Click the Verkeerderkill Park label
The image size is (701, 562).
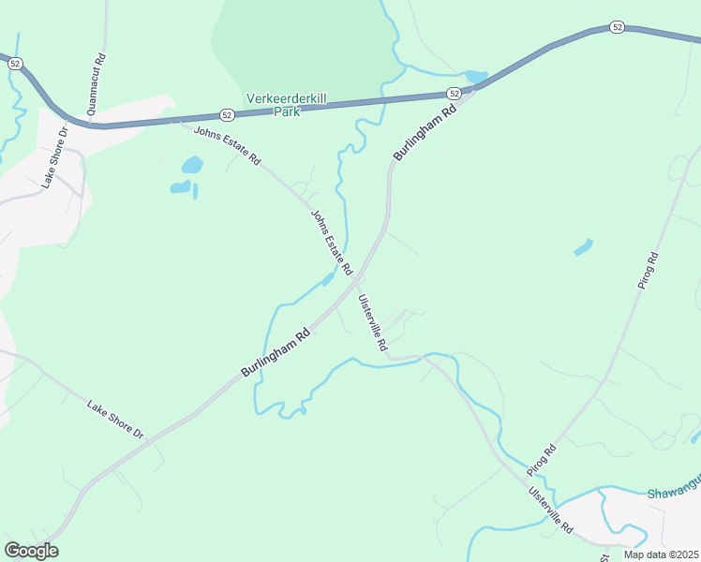tap(286, 103)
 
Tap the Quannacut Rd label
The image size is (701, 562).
tap(95, 83)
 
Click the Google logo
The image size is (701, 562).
tap(31, 551)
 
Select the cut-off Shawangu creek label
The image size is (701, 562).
tap(673, 493)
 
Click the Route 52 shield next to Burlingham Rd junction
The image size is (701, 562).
tap(454, 94)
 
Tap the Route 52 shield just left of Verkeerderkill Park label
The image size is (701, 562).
tap(227, 114)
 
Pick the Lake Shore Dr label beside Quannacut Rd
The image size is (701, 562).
tap(52, 163)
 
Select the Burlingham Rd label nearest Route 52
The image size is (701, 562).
tap(425, 132)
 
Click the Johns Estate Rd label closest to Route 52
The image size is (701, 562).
tap(226, 145)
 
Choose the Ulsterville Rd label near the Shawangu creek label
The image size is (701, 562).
tap(550, 510)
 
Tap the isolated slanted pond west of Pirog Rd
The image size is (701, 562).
tap(583, 247)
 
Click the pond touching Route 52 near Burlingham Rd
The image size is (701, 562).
tap(476, 76)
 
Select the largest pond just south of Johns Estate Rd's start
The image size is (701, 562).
tap(191, 166)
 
